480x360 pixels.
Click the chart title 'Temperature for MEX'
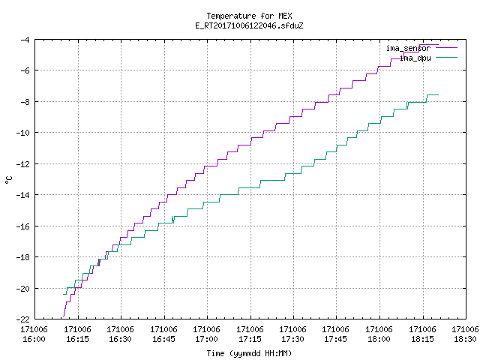[249, 16]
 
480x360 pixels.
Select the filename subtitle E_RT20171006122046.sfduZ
[249, 25]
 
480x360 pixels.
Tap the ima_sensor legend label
[408, 48]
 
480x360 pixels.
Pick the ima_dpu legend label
[415, 58]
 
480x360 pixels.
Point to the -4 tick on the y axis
[25, 40]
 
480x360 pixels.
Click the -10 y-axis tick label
[23, 133]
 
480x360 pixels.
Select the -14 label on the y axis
[23, 195]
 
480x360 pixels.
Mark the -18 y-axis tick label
[23, 257]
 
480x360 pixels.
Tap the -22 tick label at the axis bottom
[23, 319]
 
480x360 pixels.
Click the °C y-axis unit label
[9, 180]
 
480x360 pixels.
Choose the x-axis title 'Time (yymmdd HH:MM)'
[249, 353]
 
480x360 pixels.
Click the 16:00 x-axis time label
[34, 339]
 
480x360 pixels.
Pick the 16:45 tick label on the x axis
[163, 339]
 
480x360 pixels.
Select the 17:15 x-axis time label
[250, 339]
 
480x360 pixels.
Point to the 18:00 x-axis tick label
[379, 339]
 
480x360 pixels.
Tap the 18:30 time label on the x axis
[465, 339]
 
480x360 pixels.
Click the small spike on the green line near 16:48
[172, 219]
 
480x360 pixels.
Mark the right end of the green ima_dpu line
[438, 95]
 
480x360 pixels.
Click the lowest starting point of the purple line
[64, 316]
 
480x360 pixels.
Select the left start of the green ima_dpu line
[63, 294]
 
